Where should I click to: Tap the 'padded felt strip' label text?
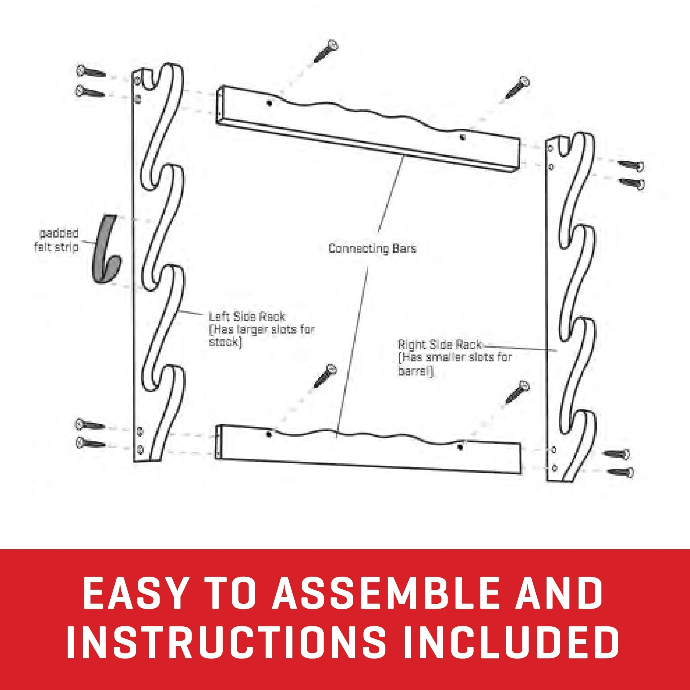click(x=57, y=240)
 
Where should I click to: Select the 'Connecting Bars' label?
click(x=372, y=249)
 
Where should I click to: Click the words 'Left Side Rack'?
click(x=246, y=316)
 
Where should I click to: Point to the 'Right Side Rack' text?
click(x=439, y=345)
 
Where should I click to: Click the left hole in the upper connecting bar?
click(x=269, y=103)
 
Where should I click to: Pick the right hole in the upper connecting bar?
click(x=462, y=137)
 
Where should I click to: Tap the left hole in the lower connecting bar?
click(x=268, y=434)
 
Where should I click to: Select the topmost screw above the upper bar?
click(x=326, y=51)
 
